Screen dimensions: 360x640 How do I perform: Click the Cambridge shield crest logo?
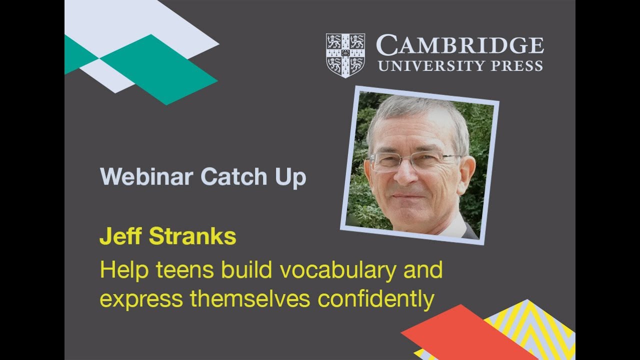pyautogui.click(x=345, y=55)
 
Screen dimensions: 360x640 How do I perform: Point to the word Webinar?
pyautogui.click(x=146, y=177)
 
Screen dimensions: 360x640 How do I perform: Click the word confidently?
pyautogui.click(x=375, y=299)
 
